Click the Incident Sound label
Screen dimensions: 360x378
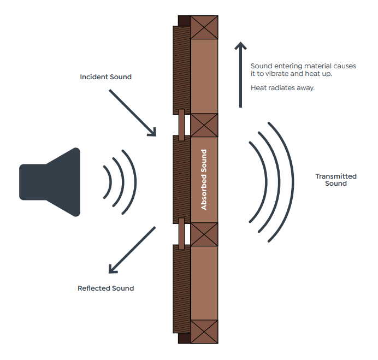pyautogui.click(x=105, y=77)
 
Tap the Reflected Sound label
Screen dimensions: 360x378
pyautogui.click(x=105, y=288)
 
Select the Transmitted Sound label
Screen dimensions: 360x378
pyautogui.click(x=336, y=180)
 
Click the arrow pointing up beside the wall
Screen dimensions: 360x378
pyautogui.click(x=239, y=74)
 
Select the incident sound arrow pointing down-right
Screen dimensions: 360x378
pyautogui.click(x=133, y=113)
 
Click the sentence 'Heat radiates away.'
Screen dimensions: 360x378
pyautogui.click(x=282, y=88)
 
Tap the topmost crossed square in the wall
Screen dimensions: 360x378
pyautogui.click(x=204, y=27)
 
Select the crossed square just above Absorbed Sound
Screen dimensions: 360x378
pyautogui.click(x=204, y=125)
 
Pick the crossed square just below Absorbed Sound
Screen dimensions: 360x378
pyautogui.click(x=204, y=234)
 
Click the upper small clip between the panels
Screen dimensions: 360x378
pyautogui.click(x=181, y=125)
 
